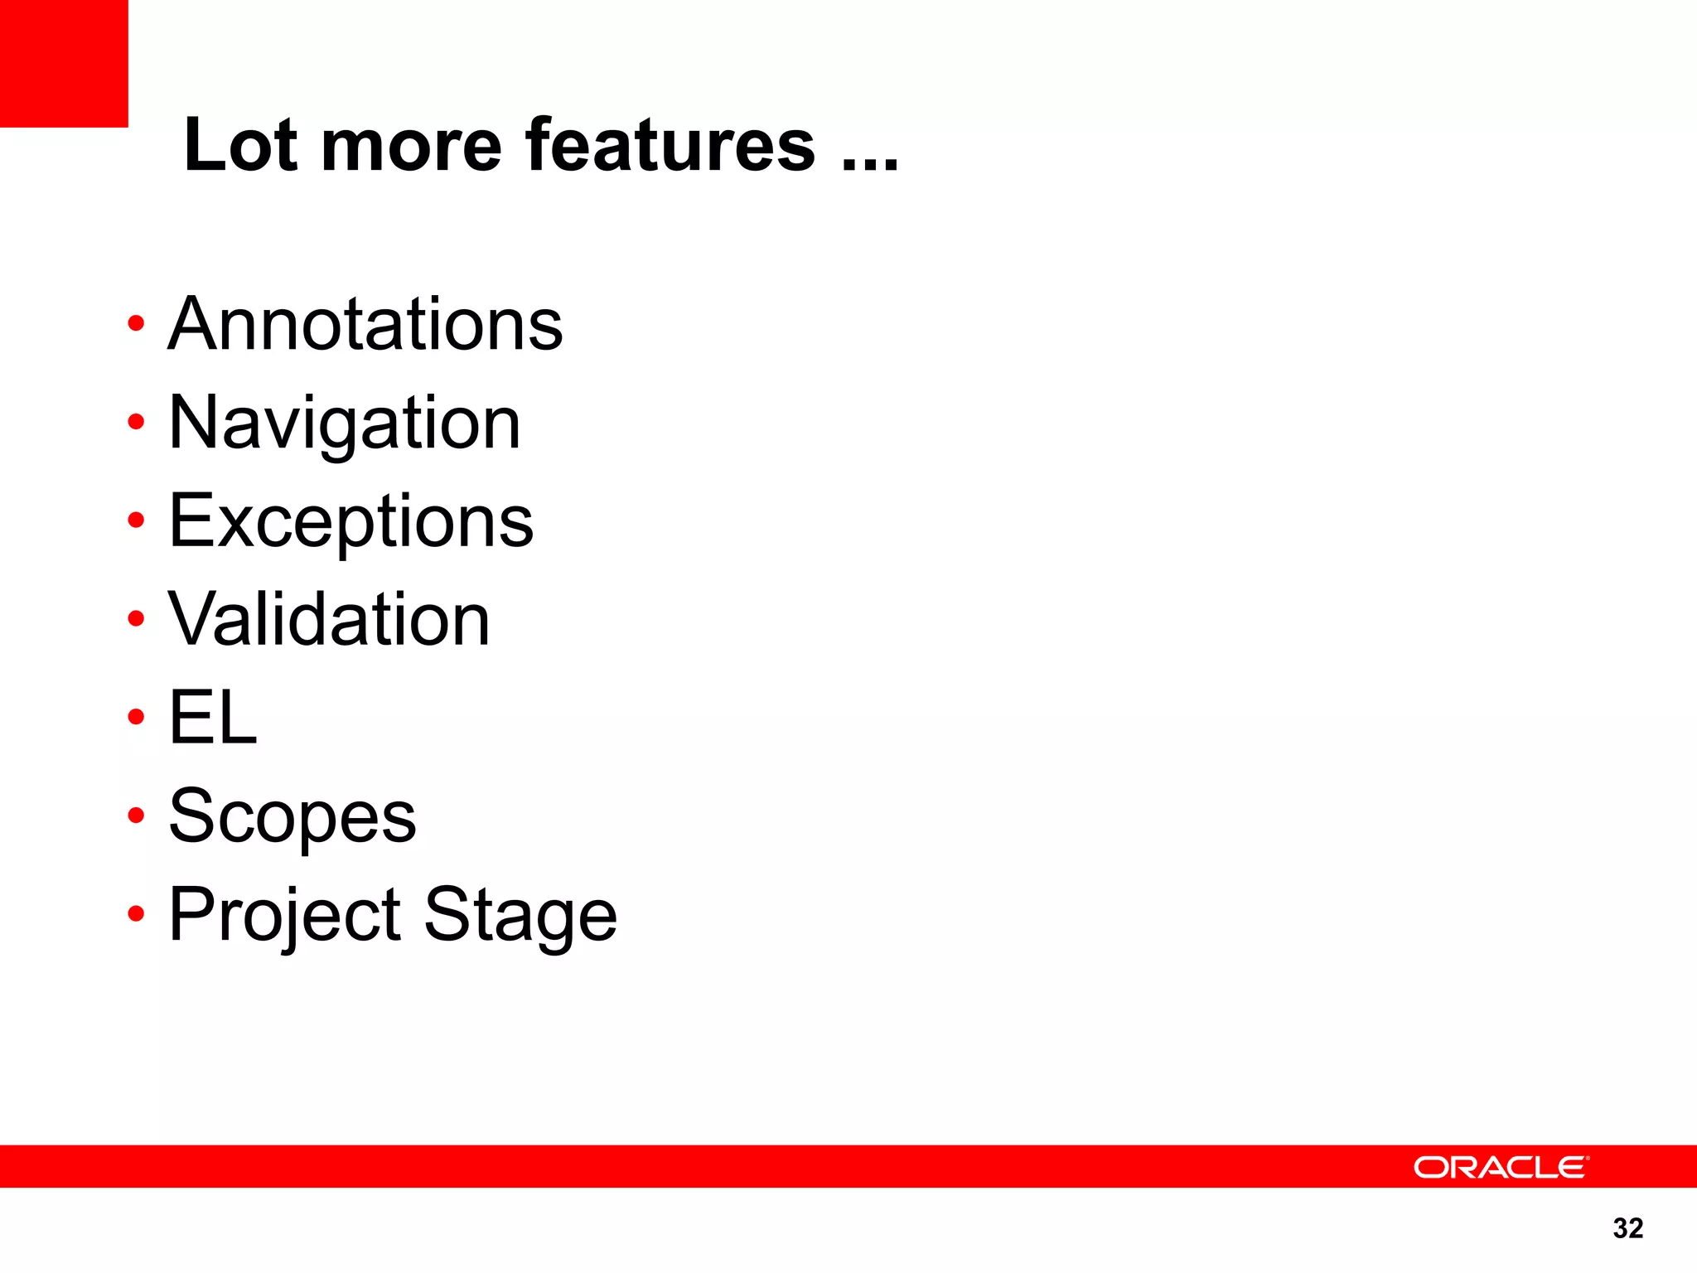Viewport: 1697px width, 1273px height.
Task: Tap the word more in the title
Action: pyautogui.click(x=411, y=147)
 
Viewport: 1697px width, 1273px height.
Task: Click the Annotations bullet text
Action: pyautogui.click(x=365, y=324)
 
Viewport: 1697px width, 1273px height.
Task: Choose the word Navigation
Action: pyautogui.click(x=345, y=424)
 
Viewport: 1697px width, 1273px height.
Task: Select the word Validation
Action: pyautogui.click(x=330, y=619)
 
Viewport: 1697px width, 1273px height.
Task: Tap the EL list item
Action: pyautogui.click(x=213, y=718)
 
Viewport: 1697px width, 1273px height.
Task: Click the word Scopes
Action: pyautogui.click(x=293, y=816)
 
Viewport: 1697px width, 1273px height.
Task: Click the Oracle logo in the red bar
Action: pyautogui.click(x=1501, y=1167)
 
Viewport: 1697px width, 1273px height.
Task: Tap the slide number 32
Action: pyautogui.click(x=1628, y=1228)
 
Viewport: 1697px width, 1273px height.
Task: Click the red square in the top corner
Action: pyautogui.click(x=64, y=63)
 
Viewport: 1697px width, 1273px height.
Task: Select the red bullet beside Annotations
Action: pyautogui.click(x=136, y=323)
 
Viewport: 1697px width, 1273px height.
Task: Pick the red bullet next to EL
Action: pyautogui.click(x=136, y=716)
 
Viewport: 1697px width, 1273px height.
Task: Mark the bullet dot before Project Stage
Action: pyautogui.click(x=136, y=913)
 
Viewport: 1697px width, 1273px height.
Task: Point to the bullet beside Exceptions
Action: pyautogui.click(x=136, y=520)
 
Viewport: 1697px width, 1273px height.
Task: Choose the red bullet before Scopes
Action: pyautogui.click(x=136, y=815)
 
